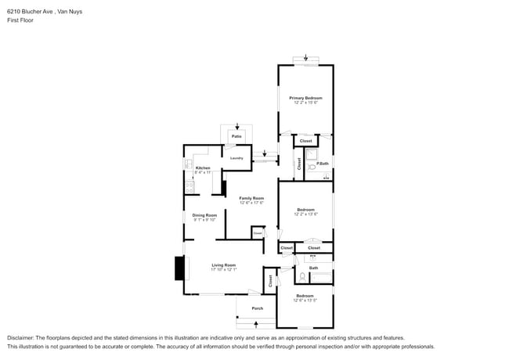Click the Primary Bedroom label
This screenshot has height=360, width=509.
click(308, 97)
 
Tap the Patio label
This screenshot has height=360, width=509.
click(236, 136)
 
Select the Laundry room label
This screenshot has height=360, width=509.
click(236, 158)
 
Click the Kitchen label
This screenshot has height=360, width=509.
click(203, 168)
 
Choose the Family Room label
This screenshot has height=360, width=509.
click(251, 198)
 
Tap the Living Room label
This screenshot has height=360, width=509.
click(223, 265)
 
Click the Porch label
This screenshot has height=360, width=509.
click(257, 308)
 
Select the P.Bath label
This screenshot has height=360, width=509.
click(322, 163)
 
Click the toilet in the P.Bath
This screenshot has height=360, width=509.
click(311, 166)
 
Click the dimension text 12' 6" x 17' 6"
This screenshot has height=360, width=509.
click(251, 203)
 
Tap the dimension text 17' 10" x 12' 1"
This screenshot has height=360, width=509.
click(223, 269)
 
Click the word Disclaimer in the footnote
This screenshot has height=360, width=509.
click(23, 337)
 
